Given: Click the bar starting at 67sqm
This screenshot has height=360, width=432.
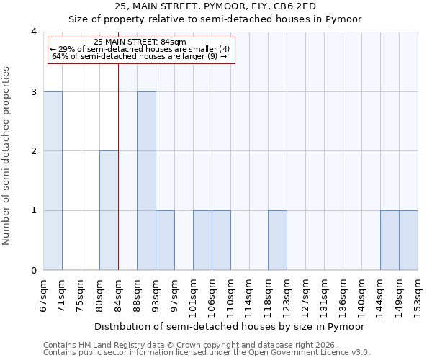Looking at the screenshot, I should tap(53, 181).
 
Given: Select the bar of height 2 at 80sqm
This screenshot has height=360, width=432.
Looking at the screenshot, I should tap(109, 210).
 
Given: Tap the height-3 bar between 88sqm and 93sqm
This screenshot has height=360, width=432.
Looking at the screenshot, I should tap(146, 181).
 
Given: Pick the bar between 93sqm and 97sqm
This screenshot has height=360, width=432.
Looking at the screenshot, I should tap(165, 240).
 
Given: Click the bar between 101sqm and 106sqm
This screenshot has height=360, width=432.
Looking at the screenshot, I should tap(202, 240).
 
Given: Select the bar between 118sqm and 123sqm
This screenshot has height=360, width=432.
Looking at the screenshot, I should tap(277, 240).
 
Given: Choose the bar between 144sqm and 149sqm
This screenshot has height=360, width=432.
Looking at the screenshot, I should tap(390, 240).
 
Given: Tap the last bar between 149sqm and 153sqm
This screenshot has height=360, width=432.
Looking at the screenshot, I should tap(408, 240).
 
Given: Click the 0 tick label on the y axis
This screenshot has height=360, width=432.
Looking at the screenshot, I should tap(34, 270).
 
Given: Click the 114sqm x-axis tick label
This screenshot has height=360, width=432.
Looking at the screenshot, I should tap(249, 291).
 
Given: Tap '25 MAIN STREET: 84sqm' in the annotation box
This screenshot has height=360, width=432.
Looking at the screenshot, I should tap(140, 42).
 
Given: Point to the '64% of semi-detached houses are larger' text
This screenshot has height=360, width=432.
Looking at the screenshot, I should tap(140, 57).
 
